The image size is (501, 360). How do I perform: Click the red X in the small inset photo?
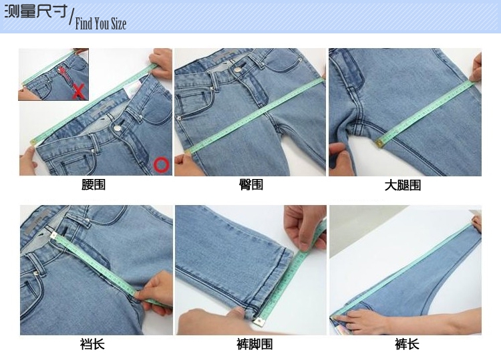click(79, 92)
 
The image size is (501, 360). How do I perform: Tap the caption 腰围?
click(94, 184)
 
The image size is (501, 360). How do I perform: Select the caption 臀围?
click(251, 184)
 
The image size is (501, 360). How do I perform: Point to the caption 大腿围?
click(403, 185)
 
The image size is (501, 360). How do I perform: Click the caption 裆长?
click(92, 345)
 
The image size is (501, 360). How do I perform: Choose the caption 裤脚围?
click(255, 345)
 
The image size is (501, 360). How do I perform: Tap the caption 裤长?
click(407, 345)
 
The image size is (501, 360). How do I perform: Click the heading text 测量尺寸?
click(36, 11)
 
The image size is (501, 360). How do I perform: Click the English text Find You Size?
click(101, 23)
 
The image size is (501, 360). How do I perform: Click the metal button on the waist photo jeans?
click(118, 128)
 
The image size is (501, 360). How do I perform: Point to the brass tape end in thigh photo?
click(379, 143)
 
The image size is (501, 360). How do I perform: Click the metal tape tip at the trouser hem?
click(260, 322)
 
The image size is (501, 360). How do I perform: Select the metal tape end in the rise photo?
click(53, 236)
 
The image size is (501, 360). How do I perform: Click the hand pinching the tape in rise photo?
click(156, 293)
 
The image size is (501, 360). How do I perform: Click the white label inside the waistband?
click(134, 89)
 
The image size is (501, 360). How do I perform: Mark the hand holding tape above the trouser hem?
click(303, 226)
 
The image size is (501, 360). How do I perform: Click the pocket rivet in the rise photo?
click(36, 273)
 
